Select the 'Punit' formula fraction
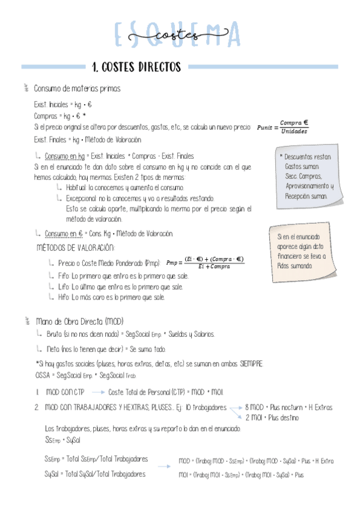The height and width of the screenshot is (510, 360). (x=282, y=127)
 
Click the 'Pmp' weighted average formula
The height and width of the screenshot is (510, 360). (x=205, y=262)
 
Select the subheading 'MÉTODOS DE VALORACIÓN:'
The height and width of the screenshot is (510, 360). (x=75, y=248)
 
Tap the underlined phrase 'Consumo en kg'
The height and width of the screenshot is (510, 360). (x=64, y=155)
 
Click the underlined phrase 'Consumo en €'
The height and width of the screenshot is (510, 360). (x=64, y=233)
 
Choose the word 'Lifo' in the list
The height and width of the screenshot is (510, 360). (x=64, y=286)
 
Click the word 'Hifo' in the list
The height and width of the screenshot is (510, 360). (x=64, y=297)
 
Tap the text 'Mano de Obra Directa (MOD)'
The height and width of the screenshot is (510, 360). (x=79, y=322)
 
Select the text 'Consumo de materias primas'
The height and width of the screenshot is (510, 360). (x=77, y=89)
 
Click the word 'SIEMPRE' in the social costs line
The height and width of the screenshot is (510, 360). (x=250, y=364)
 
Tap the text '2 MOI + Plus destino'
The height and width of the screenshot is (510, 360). (x=272, y=417)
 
